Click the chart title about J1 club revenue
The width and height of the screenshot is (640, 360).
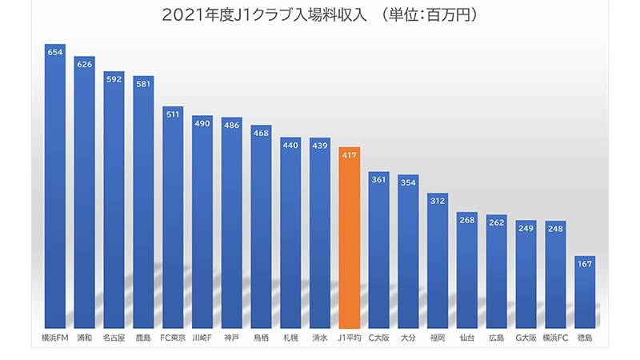320,14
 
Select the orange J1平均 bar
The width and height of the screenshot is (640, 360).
350,240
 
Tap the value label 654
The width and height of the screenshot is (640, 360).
55,52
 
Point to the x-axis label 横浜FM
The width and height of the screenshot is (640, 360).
55,338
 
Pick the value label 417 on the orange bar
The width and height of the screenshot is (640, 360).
350,155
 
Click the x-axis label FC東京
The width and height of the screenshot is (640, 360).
173,338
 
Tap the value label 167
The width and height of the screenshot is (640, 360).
585,264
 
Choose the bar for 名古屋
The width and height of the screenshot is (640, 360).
114,200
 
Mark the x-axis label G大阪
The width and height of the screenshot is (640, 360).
526,338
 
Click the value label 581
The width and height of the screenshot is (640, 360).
144,84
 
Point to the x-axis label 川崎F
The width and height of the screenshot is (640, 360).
202,338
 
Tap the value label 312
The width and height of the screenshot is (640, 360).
438,201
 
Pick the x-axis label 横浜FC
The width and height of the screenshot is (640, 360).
555,338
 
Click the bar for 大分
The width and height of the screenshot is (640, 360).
408,256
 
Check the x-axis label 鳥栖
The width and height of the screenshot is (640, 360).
262,338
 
